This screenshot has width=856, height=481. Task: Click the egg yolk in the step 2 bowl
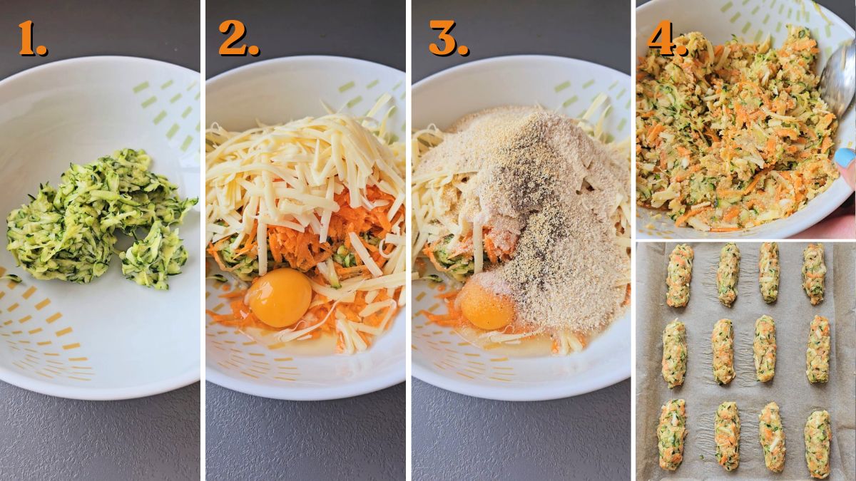point(280,297)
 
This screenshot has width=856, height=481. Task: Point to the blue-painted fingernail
point(845,158)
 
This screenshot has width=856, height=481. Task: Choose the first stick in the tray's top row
point(679,275)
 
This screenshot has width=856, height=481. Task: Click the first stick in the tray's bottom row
point(672,434)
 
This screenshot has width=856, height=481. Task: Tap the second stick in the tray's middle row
point(723,351)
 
